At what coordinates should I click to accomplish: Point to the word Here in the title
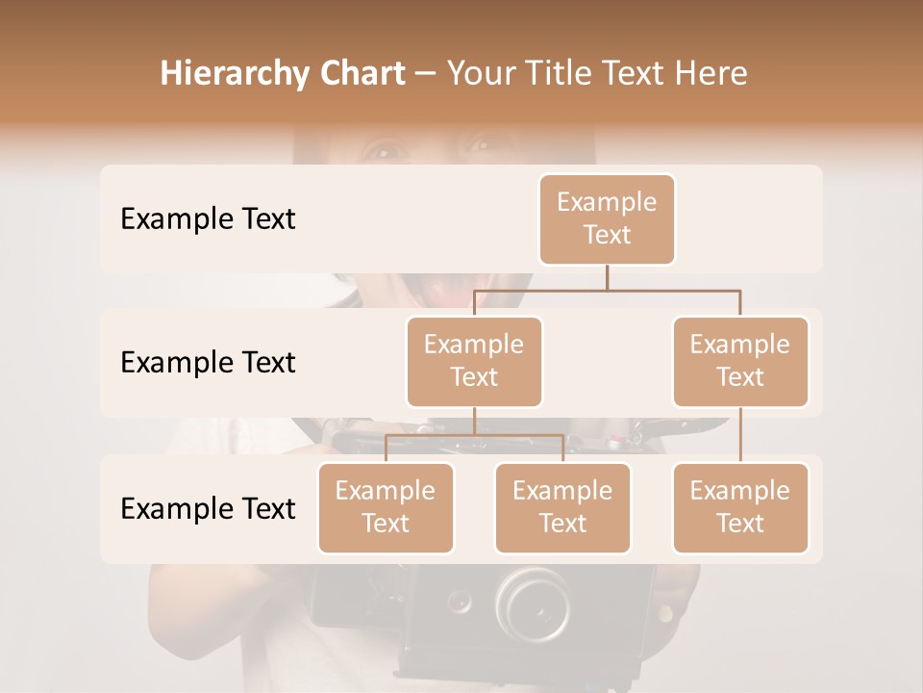click(712, 74)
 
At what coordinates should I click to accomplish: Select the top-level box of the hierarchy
click(607, 218)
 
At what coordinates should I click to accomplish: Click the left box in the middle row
click(474, 361)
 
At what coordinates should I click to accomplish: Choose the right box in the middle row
click(740, 361)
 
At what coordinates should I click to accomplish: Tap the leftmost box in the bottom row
click(386, 507)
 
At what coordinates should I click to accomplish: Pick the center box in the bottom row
click(562, 507)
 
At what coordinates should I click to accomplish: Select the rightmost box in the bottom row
click(740, 507)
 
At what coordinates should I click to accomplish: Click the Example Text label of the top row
click(208, 218)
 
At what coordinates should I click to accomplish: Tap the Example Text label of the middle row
click(208, 362)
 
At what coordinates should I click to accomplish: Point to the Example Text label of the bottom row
click(208, 508)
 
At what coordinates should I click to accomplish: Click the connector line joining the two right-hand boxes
click(740, 435)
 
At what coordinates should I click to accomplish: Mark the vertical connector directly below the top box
click(607, 277)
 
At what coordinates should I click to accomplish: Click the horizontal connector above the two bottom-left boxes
click(474, 435)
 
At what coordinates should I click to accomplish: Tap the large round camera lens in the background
click(531, 602)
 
